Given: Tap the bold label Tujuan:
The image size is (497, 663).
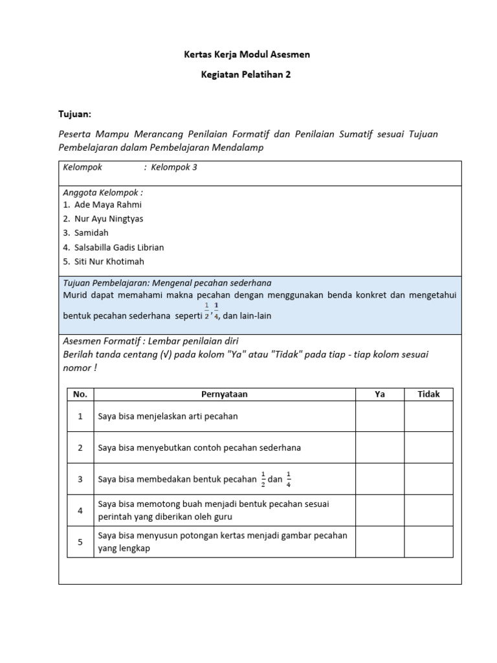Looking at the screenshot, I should pyautogui.click(x=75, y=114).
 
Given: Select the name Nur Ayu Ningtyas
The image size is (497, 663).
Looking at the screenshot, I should pyautogui.click(x=109, y=219).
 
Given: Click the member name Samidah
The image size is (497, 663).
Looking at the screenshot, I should pyautogui.click(x=91, y=232).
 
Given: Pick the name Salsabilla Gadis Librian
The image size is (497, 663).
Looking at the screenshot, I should pyautogui.click(x=119, y=247).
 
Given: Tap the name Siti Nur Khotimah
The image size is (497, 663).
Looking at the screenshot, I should pyautogui.click(x=109, y=262).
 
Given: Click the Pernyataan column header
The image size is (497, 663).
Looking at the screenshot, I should pyautogui.click(x=224, y=394).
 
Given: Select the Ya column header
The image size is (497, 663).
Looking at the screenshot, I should pyautogui.click(x=380, y=394).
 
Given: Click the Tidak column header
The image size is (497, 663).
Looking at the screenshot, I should pyautogui.click(x=428, y=394).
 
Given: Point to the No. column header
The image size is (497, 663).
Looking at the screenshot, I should pyautogui.click(x=80, y=394).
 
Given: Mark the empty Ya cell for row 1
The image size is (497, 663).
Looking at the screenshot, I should pyautogui.click(x=380, y=416).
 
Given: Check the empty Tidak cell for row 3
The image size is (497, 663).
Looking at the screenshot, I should pyautogui.click(x=428, y=479).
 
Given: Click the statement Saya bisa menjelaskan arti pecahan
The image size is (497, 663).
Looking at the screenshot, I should pyautogui.click(x=168, y=416).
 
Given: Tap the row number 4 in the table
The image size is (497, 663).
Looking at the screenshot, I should pyautogui.click(x=80, y=511).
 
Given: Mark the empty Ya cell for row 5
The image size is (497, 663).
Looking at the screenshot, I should pyautogui.click(x=380, y=542).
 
